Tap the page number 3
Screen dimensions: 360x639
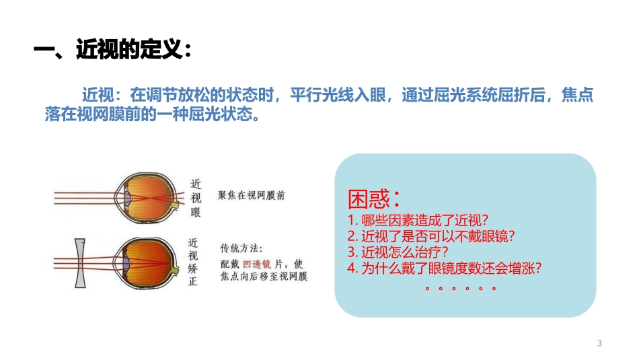pos(599,344)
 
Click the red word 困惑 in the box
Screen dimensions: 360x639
pos(369,199)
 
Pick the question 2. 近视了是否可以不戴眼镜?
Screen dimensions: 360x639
pos(431,236)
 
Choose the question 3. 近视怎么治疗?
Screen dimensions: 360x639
pos(398,252)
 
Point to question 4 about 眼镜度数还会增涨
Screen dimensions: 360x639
pos(445,268)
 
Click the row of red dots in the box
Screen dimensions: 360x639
pos(461,288)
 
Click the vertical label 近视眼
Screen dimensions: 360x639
pos(196,198)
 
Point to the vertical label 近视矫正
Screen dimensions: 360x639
pos(193,262)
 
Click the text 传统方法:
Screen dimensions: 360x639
pos(241,248)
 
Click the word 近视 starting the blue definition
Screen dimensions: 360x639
pos(96,95)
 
